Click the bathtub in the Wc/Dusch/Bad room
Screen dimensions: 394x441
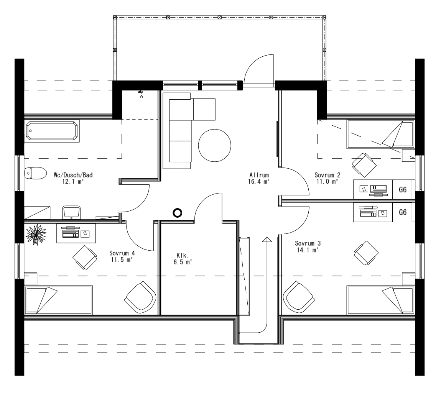click(52, 131)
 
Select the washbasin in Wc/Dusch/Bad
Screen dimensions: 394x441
click(71, 212)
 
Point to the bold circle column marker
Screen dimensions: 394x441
click(177, 213)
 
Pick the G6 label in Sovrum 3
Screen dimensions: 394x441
click(403, 212)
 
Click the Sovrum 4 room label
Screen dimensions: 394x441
click(122, 253)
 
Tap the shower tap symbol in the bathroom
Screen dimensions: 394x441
click(141, 94)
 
